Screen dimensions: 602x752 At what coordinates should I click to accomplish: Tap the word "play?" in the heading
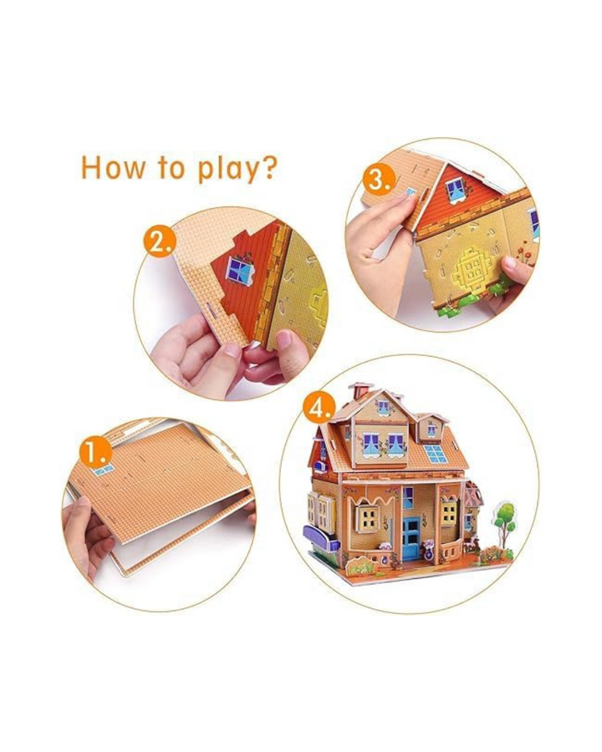point(237,170)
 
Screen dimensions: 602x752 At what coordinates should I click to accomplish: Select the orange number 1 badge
point(95,452)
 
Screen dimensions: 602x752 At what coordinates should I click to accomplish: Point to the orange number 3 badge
point(379,181)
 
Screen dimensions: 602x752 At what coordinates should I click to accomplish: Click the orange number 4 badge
point(319,409)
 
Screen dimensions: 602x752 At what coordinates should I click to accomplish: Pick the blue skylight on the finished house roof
point(436,455)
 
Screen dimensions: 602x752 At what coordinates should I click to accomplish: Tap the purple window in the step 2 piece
point(240,270)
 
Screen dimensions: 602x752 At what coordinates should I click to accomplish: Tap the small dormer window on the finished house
point(431,429)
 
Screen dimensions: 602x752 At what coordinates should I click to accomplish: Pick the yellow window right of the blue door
point(449,512)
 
